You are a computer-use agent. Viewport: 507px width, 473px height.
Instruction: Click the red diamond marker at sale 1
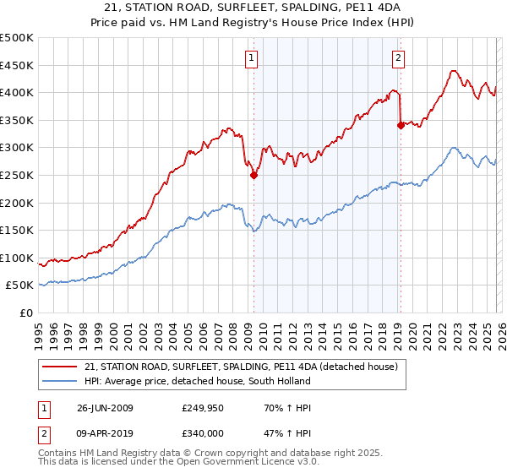click(x=253, y=176)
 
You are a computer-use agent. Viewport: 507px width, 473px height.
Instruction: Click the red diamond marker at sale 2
click(x=400, y=126)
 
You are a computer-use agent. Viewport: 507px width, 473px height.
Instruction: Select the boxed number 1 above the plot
click(x=253, y=58)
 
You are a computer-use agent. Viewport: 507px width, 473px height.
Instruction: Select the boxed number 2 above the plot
click(x=398, y=58)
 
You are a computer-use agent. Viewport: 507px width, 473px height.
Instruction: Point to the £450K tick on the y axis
click(x=17, y=66)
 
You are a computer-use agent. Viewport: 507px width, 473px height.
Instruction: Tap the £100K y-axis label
click(x=17, y=258)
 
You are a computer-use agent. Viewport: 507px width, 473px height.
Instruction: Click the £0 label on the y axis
click(x=26, y=313)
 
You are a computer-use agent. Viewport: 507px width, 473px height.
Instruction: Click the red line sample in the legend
click(x=61, y=367)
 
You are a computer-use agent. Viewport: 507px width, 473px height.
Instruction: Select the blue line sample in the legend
click(x=61, y=381)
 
